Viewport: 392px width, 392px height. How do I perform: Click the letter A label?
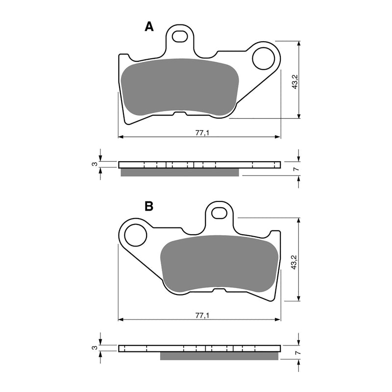pos(149,27)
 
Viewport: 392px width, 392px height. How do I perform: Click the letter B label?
pos(149,206)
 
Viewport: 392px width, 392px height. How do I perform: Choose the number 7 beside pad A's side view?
pos(295,169)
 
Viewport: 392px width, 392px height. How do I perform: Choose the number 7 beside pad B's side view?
pos(295,353)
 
